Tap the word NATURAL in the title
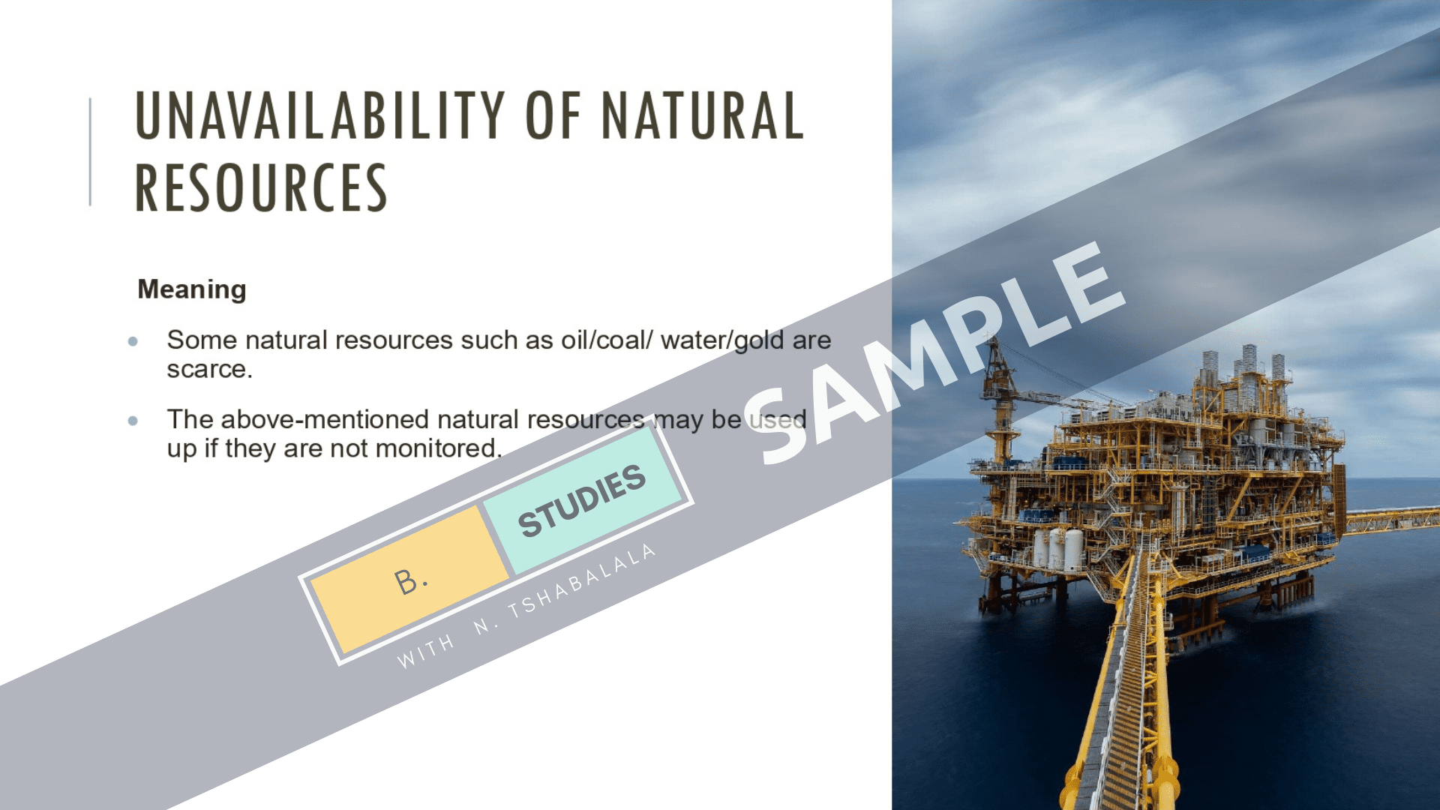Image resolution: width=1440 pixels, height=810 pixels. pyautogui.click(x=703, y=115)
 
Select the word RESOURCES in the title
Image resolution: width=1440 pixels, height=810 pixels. pyautogui.click(x=261, y=187)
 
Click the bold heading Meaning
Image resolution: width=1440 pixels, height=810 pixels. pyautogui.click(x=192, y=289)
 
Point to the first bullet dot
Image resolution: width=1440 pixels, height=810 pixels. pyautogui.click(x=133, y=341)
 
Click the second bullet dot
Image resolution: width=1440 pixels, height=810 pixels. pyautogui.click(x=133, y=421)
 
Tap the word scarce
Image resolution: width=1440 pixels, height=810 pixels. pyautogui.click(x=209, y=369)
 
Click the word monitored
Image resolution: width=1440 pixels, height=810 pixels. pyautogui.click(x=438, y=448)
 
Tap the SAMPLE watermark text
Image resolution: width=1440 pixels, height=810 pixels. pyautogui.click(x=934, y=352)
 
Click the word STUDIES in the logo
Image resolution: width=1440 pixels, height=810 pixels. pyautogui.click(x=582, y=500)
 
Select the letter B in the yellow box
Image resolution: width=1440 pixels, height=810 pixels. pyautogui.click(x=407, y=581)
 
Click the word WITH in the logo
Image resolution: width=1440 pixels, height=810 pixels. pyautogui.click(x=425, y=651)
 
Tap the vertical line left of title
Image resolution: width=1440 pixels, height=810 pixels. pyautogui.click(x=90, y=151)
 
